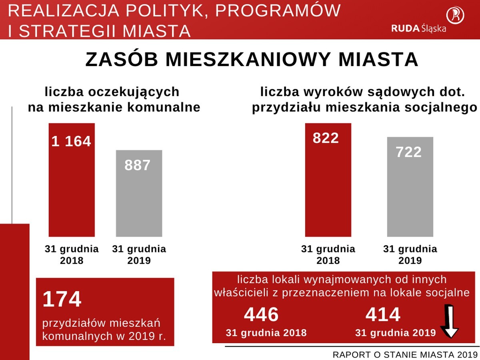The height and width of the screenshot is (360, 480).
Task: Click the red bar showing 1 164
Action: [72, 180]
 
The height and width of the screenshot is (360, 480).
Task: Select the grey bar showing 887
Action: [139, 194]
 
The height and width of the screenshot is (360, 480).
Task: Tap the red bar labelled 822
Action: [328, 180]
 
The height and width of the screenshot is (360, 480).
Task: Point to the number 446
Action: [261, 315]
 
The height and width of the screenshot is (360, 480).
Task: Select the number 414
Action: [383, 315]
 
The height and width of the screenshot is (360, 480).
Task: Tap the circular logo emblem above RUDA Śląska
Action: [455, 15]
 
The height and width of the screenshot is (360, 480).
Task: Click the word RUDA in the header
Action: [405, 28]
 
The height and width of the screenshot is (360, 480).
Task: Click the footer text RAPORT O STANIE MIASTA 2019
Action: [405, 354]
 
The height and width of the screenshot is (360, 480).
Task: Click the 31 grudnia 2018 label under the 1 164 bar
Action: [72, 254]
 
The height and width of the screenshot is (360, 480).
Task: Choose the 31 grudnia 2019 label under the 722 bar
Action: [410, 254]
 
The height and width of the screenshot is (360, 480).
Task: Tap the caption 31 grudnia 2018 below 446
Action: [266, 333]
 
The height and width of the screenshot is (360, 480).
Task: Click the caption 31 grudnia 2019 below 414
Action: [395, 333]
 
